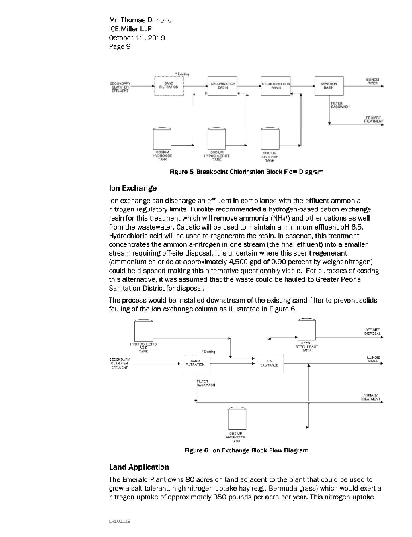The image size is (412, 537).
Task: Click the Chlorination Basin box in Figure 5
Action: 222,87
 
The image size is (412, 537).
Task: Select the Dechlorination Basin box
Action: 276,87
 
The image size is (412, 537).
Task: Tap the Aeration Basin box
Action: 329,87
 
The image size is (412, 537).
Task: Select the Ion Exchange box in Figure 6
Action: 267,362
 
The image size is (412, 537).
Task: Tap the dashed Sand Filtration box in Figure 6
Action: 195,362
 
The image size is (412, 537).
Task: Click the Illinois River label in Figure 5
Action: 373,81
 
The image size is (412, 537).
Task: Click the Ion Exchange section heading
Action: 132,189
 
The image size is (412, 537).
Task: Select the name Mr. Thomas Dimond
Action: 140,20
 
